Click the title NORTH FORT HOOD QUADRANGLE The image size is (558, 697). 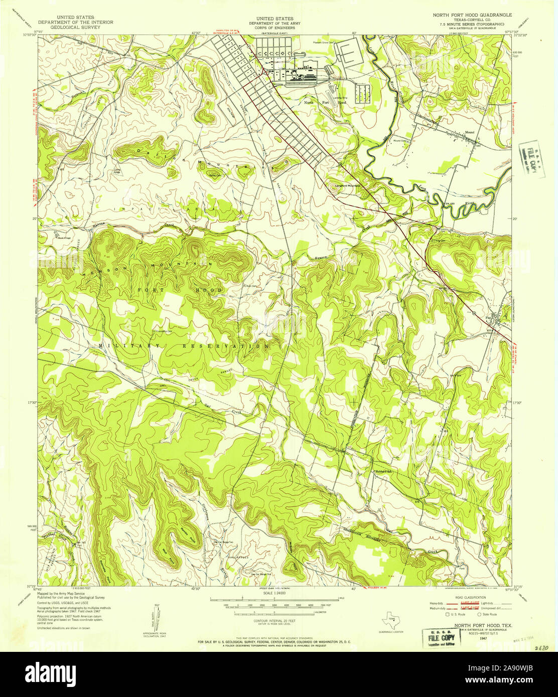point(472,16)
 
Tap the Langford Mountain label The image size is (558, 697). point(348,186)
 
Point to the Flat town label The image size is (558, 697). point(488,316)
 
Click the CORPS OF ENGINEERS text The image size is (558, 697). point(274,28)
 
